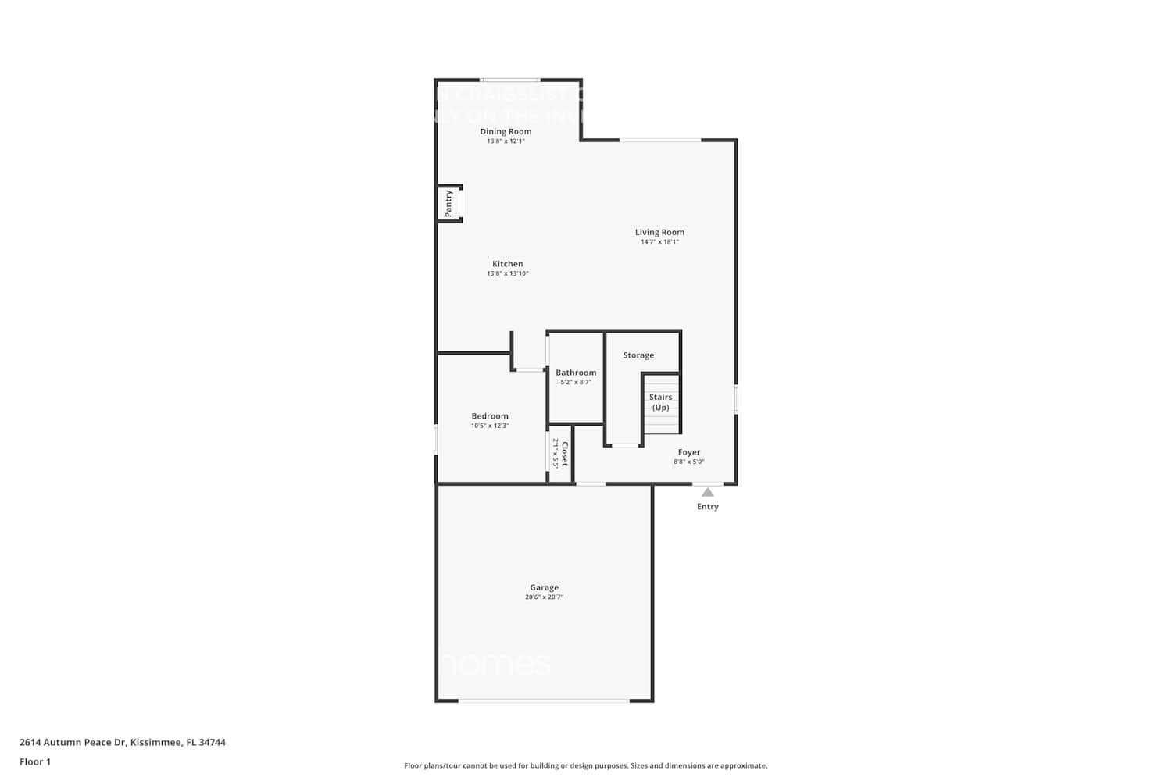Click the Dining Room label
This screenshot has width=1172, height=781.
506,131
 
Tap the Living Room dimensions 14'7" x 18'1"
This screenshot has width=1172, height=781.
659,242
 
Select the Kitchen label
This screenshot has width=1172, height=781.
507,264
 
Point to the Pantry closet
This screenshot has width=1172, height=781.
449,203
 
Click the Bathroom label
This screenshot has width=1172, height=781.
576,373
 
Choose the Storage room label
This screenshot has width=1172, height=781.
638,355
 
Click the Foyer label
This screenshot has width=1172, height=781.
688,452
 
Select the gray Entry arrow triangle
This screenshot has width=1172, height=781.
707,492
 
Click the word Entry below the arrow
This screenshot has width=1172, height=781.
707,507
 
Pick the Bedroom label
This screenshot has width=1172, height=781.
490,416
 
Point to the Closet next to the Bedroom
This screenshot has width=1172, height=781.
560,454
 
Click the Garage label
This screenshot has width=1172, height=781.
544,587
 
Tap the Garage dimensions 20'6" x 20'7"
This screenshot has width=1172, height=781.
544,597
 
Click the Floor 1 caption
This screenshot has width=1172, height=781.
35,761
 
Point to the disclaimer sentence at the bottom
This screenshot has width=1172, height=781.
585,765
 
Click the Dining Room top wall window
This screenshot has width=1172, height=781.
509,80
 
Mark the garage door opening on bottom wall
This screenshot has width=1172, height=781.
544,701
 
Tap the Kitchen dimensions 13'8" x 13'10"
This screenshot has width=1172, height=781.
507,273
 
